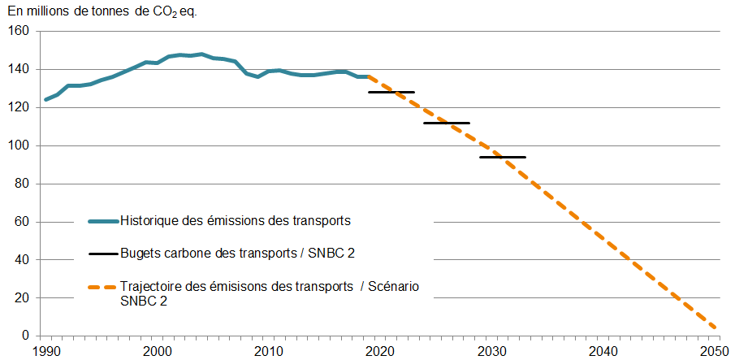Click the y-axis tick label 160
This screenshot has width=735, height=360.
19,31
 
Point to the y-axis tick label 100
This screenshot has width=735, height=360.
19,145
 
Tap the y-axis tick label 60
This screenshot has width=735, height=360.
22,222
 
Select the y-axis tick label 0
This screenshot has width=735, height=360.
25,336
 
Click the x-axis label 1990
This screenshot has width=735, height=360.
45,350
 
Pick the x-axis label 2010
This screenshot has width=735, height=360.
269,350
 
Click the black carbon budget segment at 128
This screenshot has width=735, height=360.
391,93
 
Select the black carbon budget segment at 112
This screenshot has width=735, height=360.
447,123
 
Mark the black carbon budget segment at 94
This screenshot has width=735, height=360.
503,157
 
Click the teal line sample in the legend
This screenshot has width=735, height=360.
103,221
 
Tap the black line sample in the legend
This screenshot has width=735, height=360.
103,254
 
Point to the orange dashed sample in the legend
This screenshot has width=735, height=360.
103,287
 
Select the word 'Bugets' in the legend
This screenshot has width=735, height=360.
140,254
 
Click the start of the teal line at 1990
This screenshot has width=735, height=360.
45,100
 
